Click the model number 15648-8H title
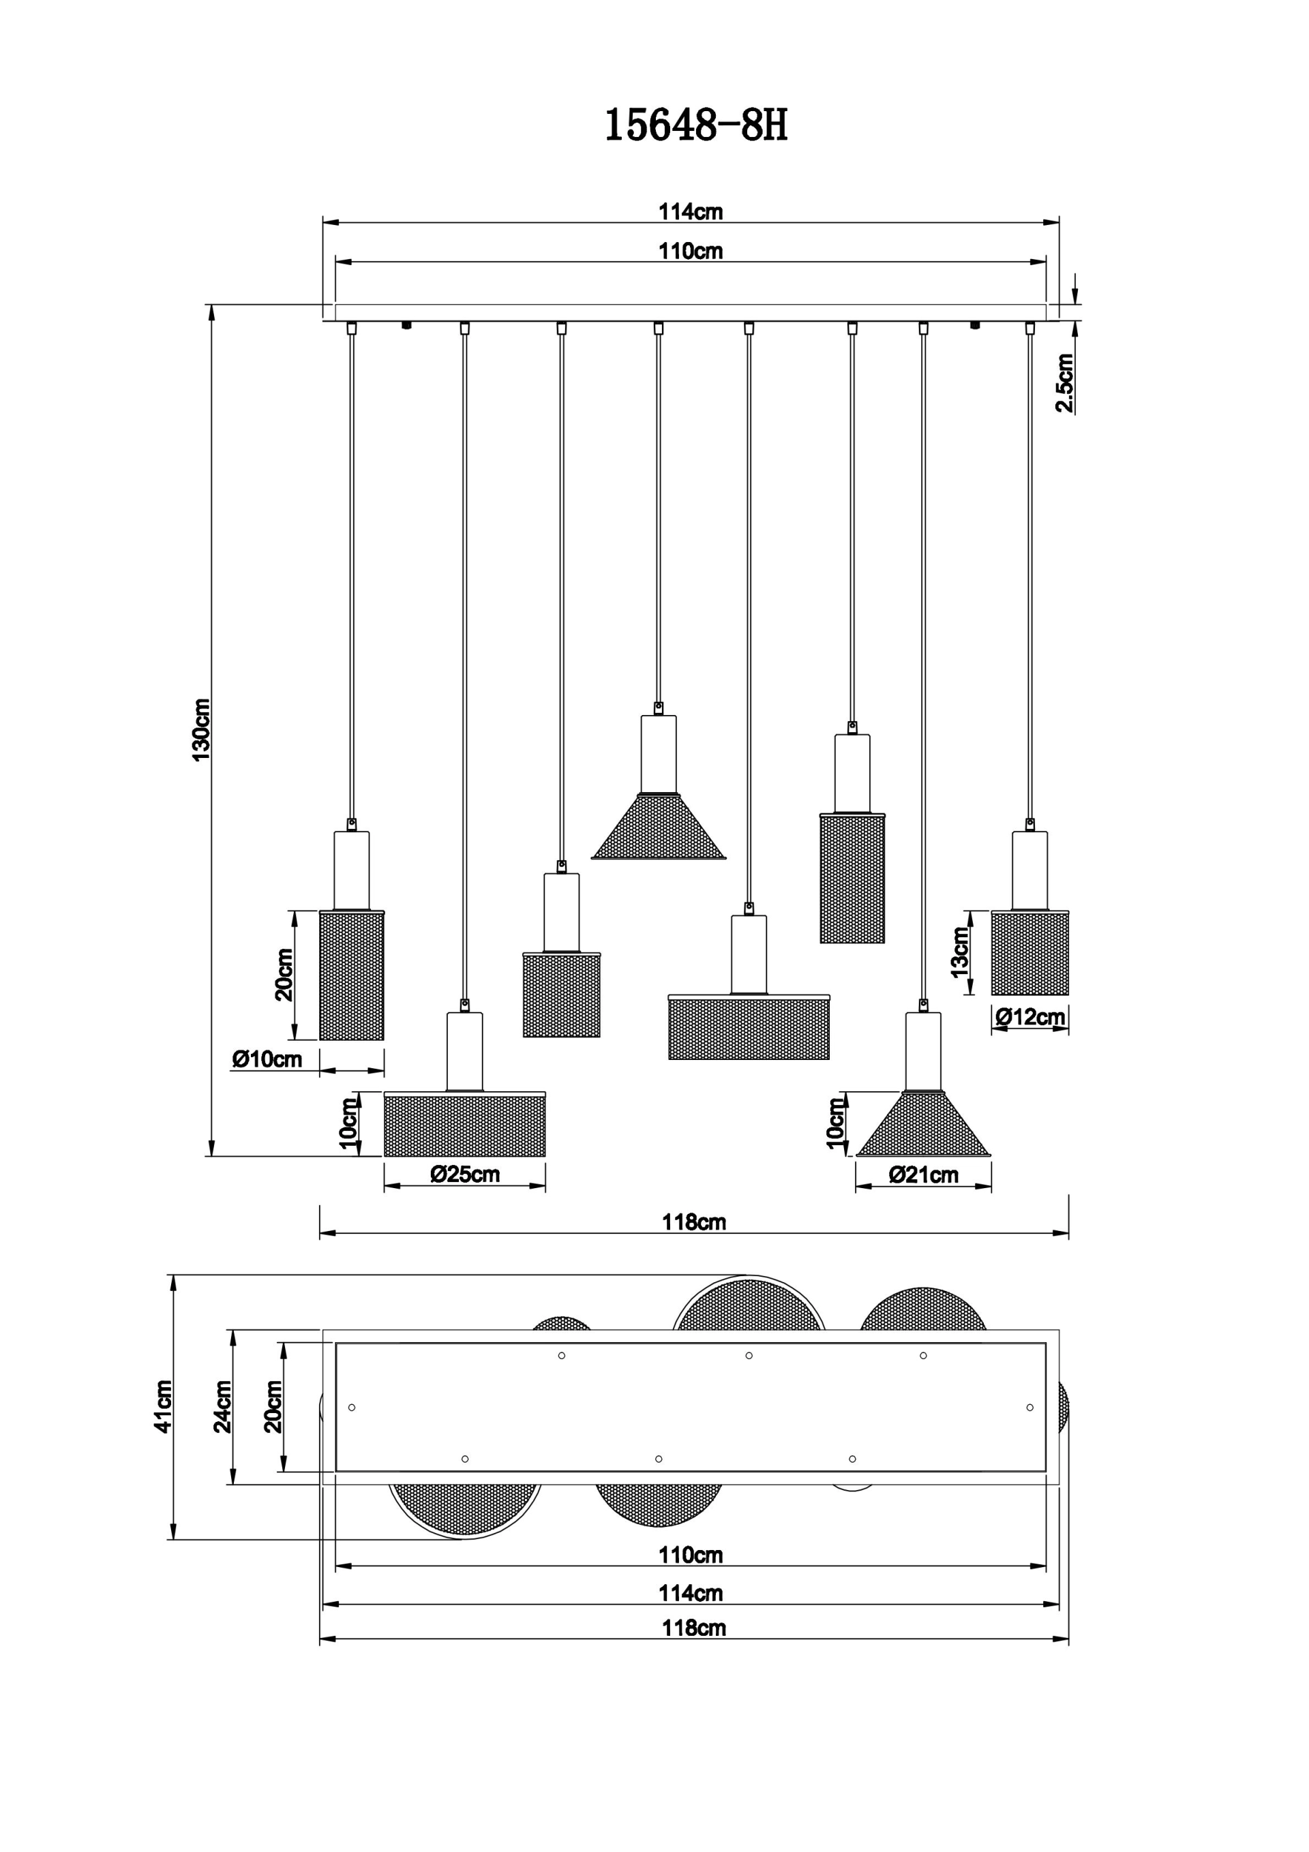tap(695, 126)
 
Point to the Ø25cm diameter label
tap(465, 1174)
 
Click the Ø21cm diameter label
tap(923, 1174)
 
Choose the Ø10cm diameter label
tap(267, 1059)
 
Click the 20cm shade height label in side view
tap(284, 975)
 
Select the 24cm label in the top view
tap(223, 1406)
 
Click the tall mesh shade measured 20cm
tap(352, 975)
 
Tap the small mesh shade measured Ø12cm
tap(1029, 953)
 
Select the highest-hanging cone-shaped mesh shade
tap(659, 826)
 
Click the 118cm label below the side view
tap(694, 1222)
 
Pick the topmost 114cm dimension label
tap(691, 211)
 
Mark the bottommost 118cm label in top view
tap(694, 1628)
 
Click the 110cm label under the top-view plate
tap(691, 1554)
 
